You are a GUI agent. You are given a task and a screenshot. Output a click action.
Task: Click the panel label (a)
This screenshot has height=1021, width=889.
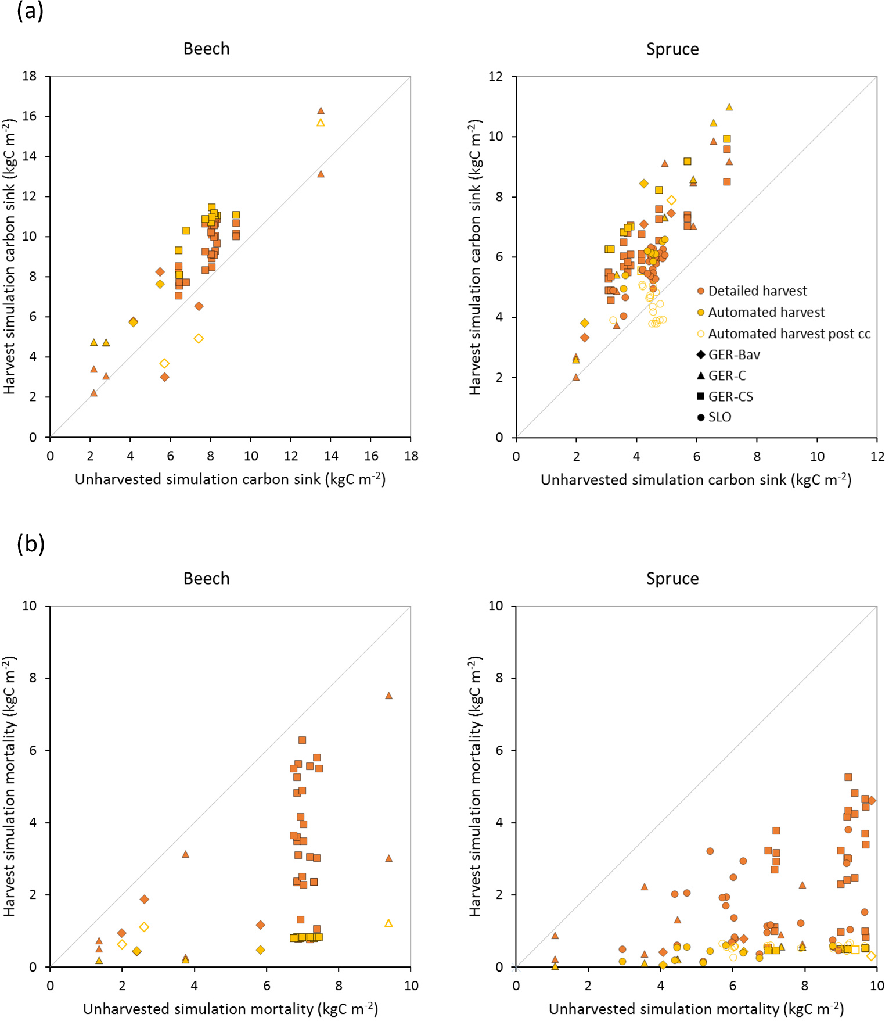click(30, 11)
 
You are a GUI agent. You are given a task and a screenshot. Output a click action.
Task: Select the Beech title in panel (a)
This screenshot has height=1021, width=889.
click(206, 49)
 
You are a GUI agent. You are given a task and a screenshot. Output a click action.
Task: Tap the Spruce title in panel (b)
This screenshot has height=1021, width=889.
click(672, 579)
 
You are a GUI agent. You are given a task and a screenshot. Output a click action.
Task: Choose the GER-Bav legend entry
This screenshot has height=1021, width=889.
click(733, 355)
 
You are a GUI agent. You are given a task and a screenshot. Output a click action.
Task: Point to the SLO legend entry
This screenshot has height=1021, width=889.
click(719, 417)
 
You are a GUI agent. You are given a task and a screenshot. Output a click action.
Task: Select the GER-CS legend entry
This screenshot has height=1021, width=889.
click(730, 397)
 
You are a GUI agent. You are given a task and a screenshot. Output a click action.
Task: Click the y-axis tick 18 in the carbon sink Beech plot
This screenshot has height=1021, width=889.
click(29, 76)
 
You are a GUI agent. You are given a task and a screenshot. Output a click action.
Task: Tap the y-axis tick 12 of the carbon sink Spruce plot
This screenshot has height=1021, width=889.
click(495, 76)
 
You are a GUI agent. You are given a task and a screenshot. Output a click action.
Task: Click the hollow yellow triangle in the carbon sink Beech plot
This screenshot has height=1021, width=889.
click(321, 123)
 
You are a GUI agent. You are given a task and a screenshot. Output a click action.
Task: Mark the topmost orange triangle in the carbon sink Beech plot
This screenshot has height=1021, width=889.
click(321, 110)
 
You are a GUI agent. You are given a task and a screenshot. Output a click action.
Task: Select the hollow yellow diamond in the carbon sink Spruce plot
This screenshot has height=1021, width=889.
click(671, 200)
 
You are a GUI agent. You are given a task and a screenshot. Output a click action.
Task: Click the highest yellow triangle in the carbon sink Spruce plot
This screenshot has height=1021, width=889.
click(729, 107)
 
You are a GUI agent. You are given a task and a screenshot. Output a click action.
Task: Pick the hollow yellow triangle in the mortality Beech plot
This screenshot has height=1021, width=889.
click(388, 923)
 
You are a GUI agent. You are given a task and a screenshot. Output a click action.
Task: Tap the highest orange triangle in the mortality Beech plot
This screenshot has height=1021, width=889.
click(388, 696)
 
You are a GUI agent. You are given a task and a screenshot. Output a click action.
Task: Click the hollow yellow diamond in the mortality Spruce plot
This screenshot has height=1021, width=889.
click(871, 956)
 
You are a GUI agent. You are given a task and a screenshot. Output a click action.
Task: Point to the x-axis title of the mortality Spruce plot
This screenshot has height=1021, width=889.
click(696, 1009)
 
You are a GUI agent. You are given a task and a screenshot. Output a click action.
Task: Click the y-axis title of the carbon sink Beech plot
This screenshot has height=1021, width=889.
click(10, 256)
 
